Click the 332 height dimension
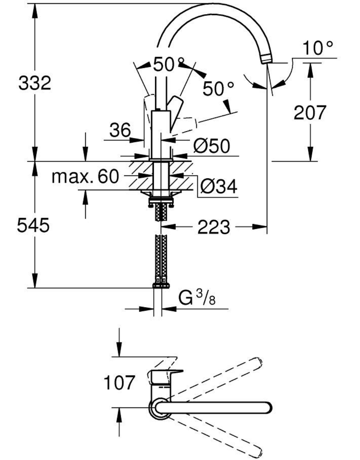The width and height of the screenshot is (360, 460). (35, 83)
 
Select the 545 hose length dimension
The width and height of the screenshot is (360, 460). (33, 225)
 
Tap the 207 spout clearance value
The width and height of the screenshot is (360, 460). (310, 113)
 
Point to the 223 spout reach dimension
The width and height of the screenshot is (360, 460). (214, 227)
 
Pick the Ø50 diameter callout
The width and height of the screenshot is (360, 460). (211, 146)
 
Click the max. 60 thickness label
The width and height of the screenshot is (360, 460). (86, 177)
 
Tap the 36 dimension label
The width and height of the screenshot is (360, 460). (120, 130)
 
